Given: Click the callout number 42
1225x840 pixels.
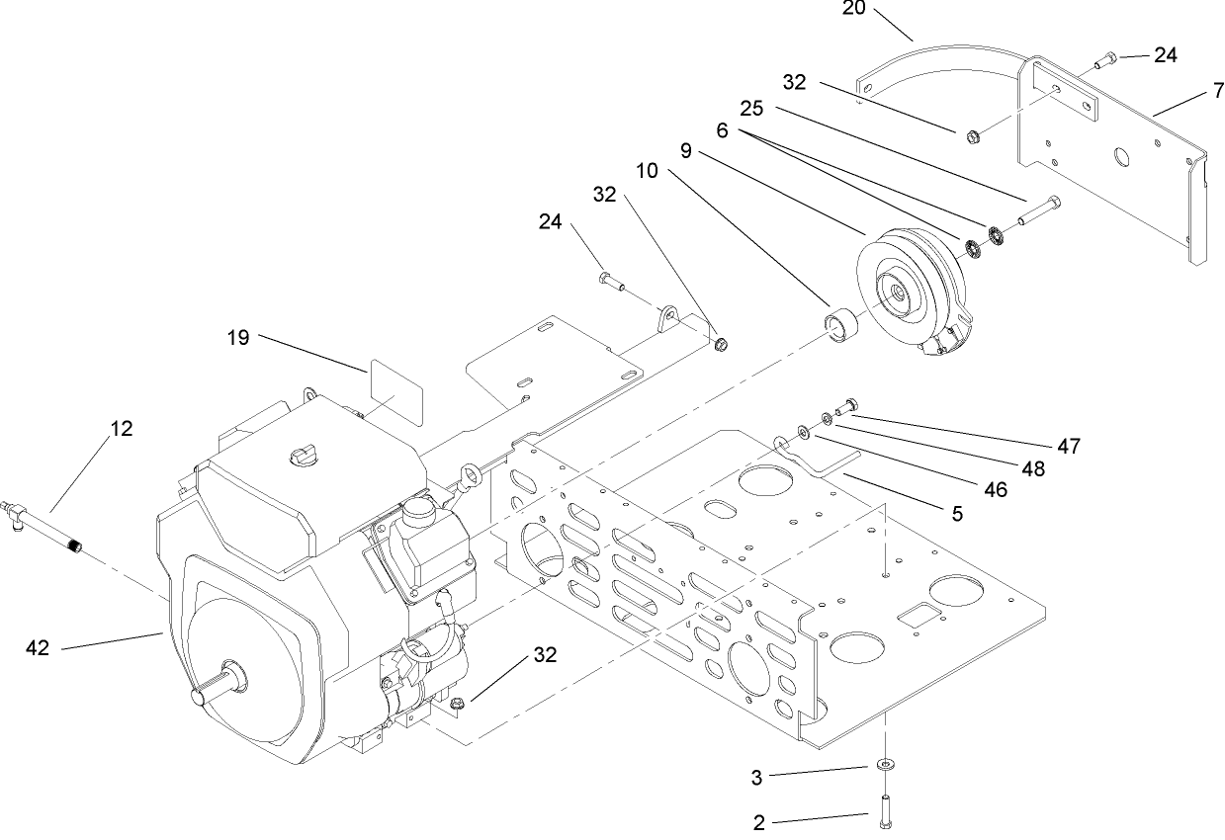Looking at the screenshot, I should (39, 648).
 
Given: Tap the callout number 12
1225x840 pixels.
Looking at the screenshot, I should (121, 429).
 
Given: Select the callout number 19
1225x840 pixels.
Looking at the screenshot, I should (237, 338).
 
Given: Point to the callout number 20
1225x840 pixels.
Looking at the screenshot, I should (854, 9).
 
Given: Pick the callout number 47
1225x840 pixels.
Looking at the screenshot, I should (1068, 447).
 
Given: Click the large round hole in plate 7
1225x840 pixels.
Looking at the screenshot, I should (1123, 157).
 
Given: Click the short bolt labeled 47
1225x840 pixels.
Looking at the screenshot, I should (847, 404).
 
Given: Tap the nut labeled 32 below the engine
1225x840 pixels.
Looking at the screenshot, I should (457, 704).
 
